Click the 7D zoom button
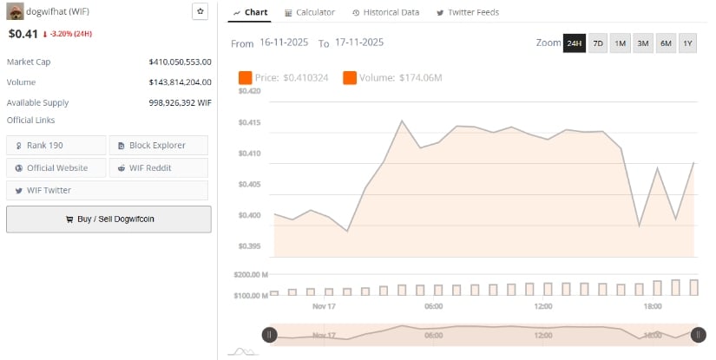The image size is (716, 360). [598, 43]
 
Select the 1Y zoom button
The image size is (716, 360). [687, 43]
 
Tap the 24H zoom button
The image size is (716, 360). [575, 43]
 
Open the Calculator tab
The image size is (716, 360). [310, 12]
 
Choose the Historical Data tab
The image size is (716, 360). [385, 12]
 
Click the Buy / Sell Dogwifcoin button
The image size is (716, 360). [108, 219]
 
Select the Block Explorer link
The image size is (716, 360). [158, 145]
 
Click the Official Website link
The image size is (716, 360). [56, 167]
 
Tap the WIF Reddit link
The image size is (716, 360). [158, 167]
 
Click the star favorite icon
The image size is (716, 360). [200, 11]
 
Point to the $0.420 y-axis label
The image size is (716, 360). [249, 91]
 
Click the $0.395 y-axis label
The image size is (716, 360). [249, 246]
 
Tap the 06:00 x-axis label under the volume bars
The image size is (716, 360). [434, 306]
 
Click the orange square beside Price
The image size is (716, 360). [245, 78]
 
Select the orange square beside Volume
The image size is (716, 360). [350, 78]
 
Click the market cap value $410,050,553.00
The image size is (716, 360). [180, 62]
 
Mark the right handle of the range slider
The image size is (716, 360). [698, 334]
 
